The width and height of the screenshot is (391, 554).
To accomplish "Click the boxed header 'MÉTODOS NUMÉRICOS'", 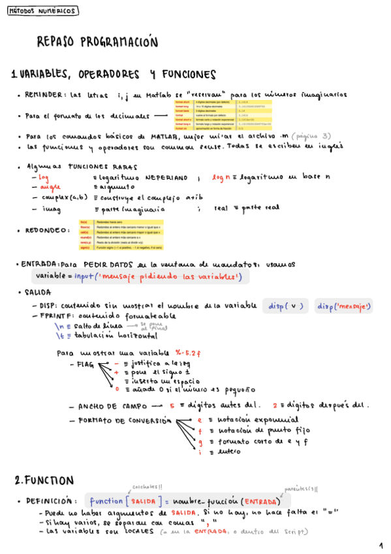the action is [x=44, y=11].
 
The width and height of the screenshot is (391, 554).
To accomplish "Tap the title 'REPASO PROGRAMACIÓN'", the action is [x=98, y=42].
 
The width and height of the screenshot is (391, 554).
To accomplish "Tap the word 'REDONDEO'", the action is [x=46, y=230].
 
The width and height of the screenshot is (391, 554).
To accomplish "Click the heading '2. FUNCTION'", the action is [x=44, y=480].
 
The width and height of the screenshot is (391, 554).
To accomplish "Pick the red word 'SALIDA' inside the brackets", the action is [x=143, y=501].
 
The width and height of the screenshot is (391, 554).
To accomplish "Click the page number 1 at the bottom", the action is [x=381, y=545].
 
